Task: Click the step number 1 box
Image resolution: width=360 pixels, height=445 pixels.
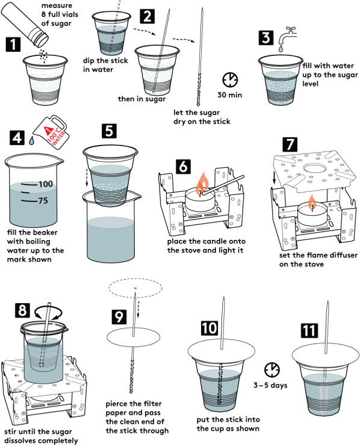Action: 13,44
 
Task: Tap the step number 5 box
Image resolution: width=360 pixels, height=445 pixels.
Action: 109,131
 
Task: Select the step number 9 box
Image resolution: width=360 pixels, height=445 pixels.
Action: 119,317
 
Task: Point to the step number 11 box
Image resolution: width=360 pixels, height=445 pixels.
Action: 309,331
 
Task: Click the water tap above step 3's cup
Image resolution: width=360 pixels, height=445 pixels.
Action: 288,35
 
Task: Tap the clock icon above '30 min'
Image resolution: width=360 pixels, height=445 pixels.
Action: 230,80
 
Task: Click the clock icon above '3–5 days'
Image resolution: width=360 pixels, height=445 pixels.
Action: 272,370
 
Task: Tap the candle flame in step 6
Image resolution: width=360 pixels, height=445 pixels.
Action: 202,183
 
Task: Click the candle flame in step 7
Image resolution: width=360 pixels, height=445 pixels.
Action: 312,201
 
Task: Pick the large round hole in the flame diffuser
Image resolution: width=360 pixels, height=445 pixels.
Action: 314,167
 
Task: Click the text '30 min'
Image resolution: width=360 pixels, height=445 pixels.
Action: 230,95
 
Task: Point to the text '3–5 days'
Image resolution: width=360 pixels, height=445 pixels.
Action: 270,385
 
